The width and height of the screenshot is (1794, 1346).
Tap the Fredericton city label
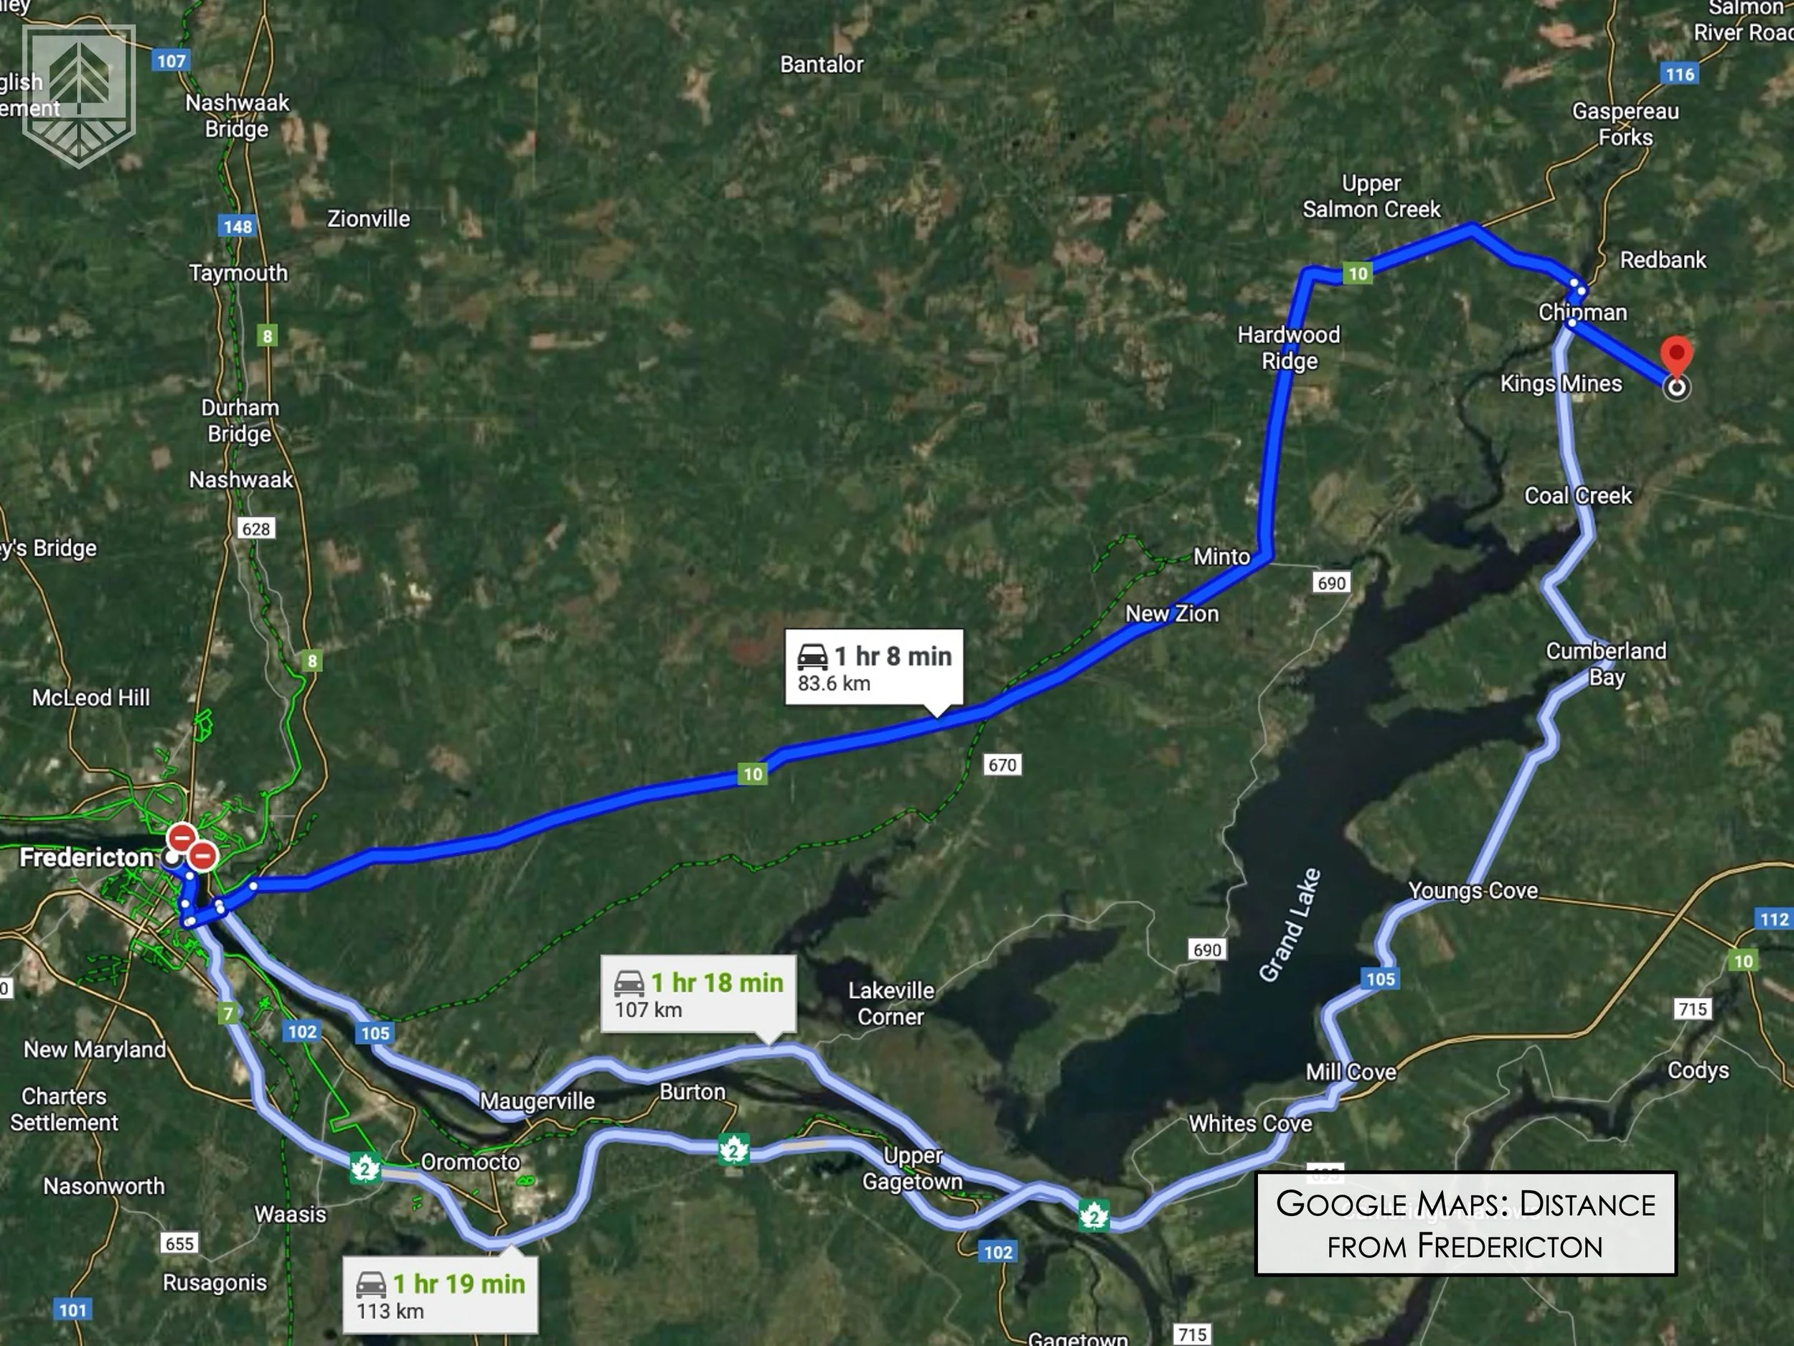coord(86,858)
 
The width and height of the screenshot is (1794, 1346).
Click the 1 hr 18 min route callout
coord(698,995)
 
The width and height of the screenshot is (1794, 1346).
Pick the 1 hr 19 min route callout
coord(440,1296)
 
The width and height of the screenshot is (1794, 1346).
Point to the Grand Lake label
coord(1290,924)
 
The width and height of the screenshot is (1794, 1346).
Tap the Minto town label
coord(1221,556)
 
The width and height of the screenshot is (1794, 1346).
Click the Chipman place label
coord(1582,312)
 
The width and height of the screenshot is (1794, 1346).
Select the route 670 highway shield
coord(1002,765)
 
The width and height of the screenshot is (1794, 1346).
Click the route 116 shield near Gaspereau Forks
coord(1680,75)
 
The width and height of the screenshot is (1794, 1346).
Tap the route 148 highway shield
coord(238,226)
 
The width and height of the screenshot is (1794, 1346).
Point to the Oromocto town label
coord(471,1162)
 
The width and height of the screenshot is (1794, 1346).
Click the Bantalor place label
coord(822,65)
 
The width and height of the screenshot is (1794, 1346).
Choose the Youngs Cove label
coord(1472,891)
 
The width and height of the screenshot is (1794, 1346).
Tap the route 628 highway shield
coord(256,529)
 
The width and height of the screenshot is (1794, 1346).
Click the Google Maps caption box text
coord(1465,1223)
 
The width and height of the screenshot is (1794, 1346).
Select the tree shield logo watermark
coord(79,95)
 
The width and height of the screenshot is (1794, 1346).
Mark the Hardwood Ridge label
coord(1289,347)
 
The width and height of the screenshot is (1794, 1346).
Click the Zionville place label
coord(368,219)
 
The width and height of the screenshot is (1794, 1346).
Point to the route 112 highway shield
coord(1774,920)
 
